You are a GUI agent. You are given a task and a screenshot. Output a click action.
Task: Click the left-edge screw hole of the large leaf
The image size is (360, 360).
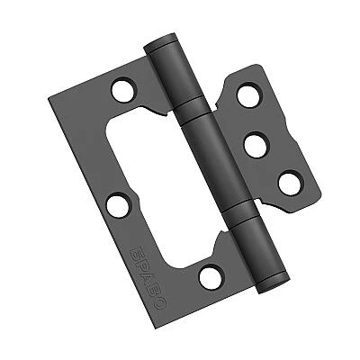pos(117,205)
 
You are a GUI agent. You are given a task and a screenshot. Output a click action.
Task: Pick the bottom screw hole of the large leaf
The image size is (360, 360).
pos(211,277)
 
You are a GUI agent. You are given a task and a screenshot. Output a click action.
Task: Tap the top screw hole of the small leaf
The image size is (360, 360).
pos(248,95)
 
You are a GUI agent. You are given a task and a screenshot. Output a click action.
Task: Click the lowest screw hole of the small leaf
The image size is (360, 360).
pos(290,183)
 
